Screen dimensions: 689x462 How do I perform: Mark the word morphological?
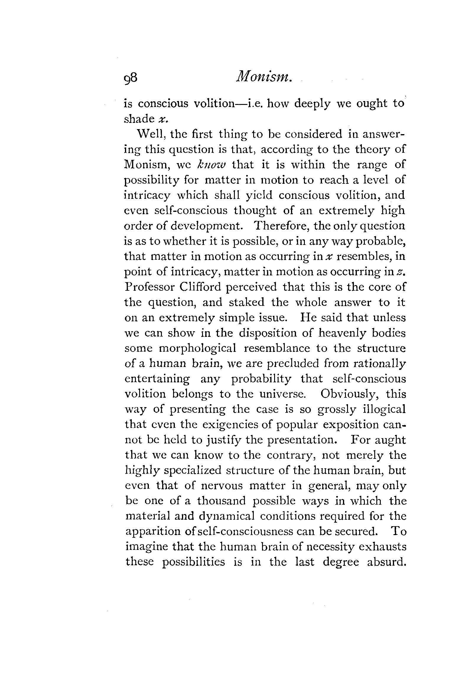click(198, 349)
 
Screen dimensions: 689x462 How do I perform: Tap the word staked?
click(247, 302)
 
